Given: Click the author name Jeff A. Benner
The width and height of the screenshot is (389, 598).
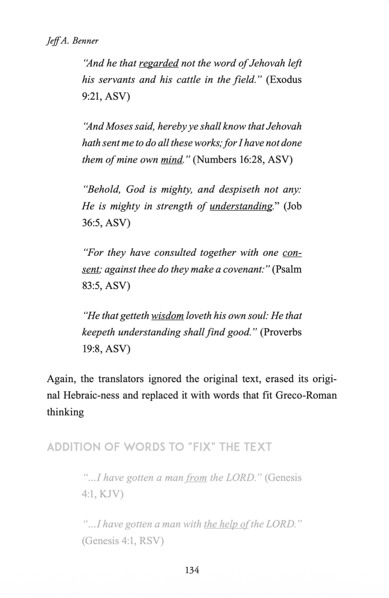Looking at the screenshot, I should [x=72, y=41].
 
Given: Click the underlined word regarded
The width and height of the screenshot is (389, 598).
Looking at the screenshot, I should [x=158, y=63].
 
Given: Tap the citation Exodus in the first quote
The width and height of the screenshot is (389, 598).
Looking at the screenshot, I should [x=284, y=80].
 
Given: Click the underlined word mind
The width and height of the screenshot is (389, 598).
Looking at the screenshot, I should [x=172, y=159].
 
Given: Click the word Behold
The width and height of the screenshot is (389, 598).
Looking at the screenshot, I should [x=103, y=189].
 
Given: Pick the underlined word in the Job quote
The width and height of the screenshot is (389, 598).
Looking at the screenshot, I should [x=241, y=206].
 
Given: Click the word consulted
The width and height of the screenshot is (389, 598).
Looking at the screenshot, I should [x=175, y=253].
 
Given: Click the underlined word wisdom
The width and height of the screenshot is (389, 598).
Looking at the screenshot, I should [x=167, y=316].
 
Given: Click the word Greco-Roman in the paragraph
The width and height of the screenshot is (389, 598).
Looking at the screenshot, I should [x=306, y=395].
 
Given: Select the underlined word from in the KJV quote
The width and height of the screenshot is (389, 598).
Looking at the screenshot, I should [x=196, y=478].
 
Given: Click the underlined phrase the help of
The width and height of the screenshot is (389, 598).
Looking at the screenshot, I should [x=226, y=524].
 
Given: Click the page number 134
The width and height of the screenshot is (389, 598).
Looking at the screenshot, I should [x=192, y=570].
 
